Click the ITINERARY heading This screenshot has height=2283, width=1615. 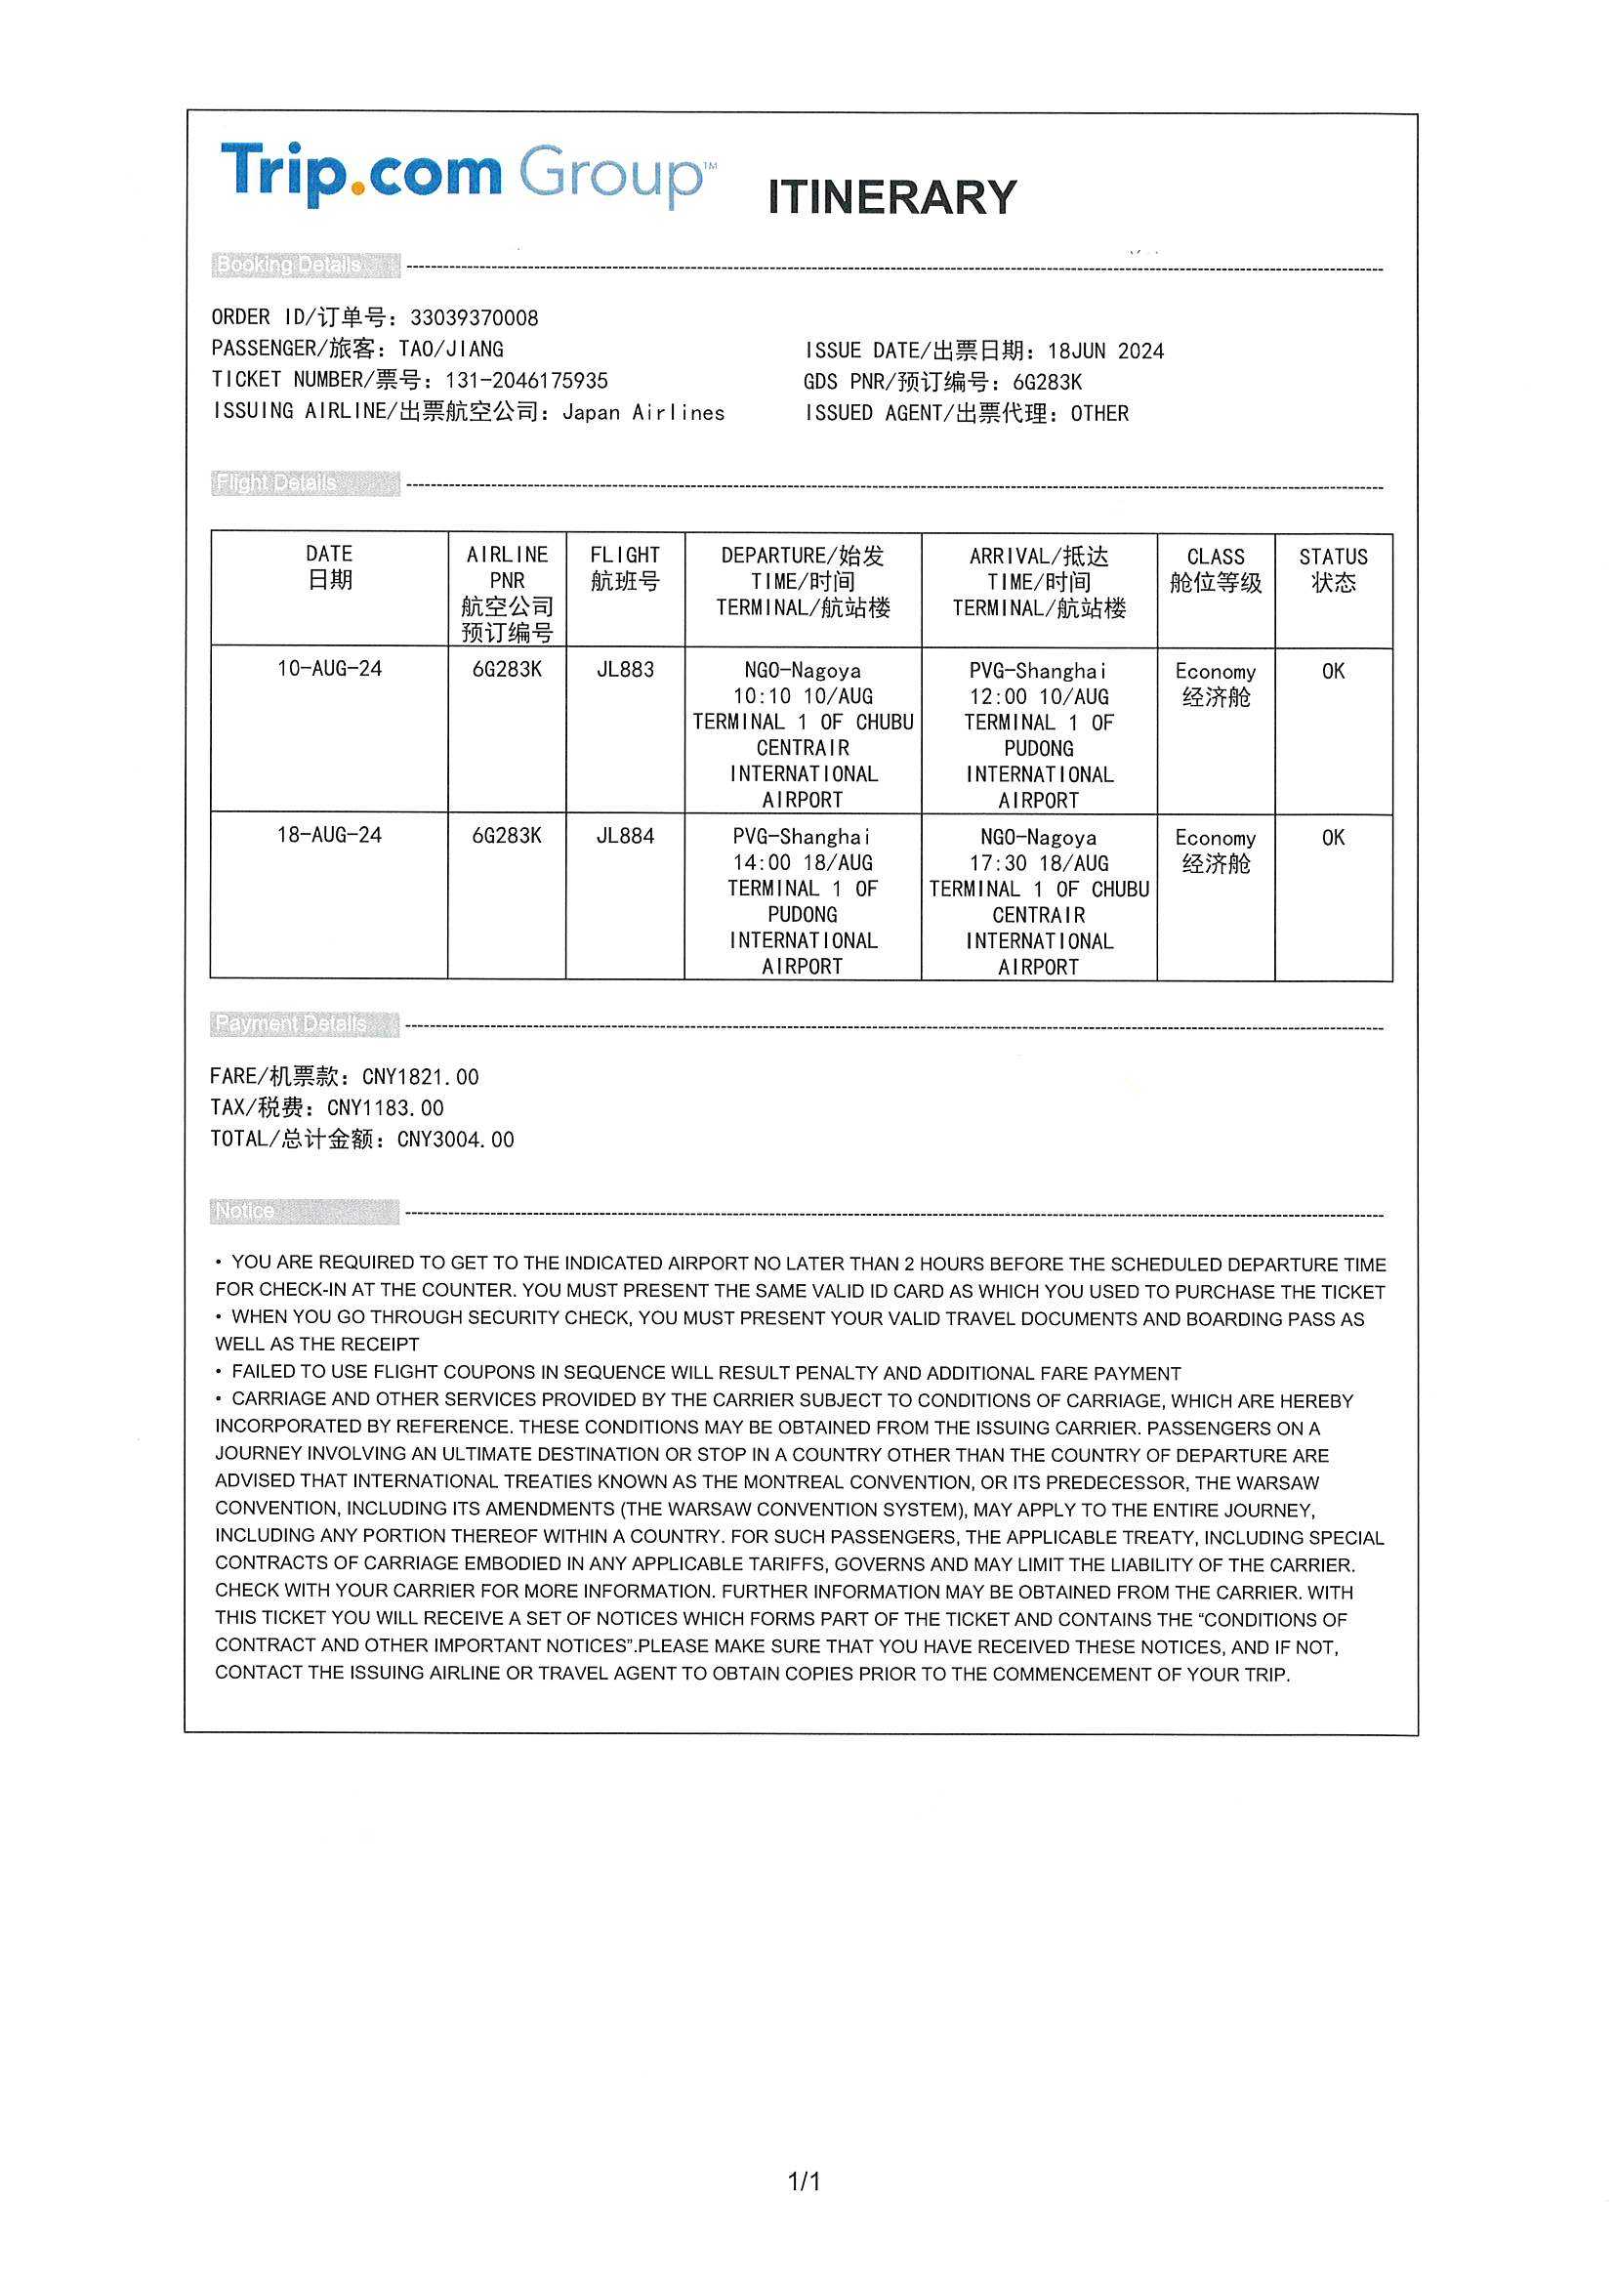coord(892,197)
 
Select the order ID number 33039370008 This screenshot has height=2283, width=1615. coord(475,318)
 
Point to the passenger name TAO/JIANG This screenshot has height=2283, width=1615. coord(451,349)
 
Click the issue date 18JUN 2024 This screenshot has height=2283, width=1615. coord(1105,351)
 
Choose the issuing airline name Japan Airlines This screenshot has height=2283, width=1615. coord(643,413)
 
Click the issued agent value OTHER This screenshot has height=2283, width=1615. coord(1098,414)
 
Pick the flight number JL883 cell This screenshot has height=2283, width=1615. coord(625,669)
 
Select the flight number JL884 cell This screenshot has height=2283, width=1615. coord(625,835)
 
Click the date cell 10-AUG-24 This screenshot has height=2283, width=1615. coord(329,668)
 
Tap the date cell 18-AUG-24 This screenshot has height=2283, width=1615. coord(329,834)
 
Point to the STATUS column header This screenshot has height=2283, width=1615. coord(1333,569)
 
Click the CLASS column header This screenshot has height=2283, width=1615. coord(1216,569)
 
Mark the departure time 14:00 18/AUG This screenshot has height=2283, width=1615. coord(803,863)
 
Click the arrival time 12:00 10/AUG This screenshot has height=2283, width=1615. coord(1039,697)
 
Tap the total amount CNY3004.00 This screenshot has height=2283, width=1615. coord(455,1140)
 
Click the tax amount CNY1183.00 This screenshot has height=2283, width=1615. coord(385,1107)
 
